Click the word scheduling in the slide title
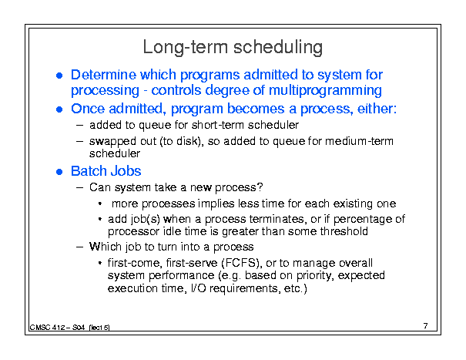(278, 48)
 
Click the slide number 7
(426, 326)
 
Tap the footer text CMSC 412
(48, 328)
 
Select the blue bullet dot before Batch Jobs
(59, 172)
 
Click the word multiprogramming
(325, 90)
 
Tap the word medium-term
(359, 141)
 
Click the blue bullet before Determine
(59, 76)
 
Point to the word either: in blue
(377, 109)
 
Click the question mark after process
(260, 187)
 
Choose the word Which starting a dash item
(106, 247)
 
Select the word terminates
(277, 219)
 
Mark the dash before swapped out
(79, 141)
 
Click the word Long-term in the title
(186, 48)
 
